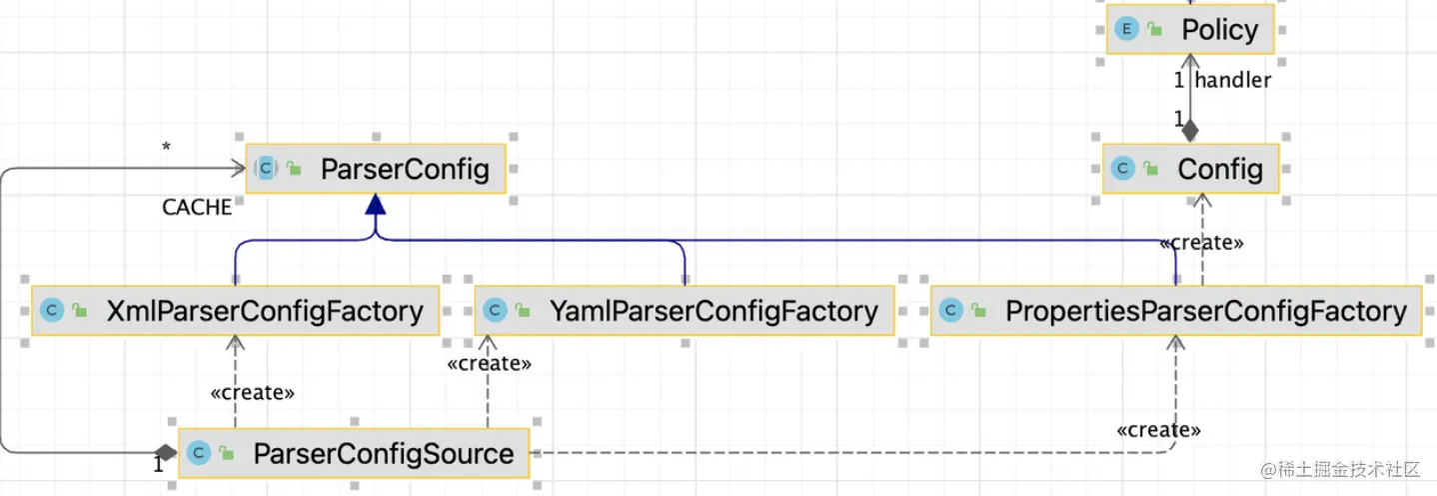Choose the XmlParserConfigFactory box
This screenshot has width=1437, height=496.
(235, 311)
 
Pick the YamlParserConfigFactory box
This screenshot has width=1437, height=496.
(685, 311)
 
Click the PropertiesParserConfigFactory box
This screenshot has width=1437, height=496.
(1175, 311)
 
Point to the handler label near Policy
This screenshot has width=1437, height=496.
(1233, 81)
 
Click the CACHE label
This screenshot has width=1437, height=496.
(197, 207)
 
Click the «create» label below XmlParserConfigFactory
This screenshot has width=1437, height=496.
(253, 393)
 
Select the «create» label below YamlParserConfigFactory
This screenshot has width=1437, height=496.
(489, 364)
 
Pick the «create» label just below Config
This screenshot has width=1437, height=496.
(1201, 243)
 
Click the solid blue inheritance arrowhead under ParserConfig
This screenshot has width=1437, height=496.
(375, 205)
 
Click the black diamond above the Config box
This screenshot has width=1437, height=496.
(1190, 131)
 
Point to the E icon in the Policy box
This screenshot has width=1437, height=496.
(1126, 29)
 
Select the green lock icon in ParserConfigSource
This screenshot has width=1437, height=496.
(227, 455)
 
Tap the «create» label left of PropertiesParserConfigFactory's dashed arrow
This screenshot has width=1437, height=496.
(1158, 430)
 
